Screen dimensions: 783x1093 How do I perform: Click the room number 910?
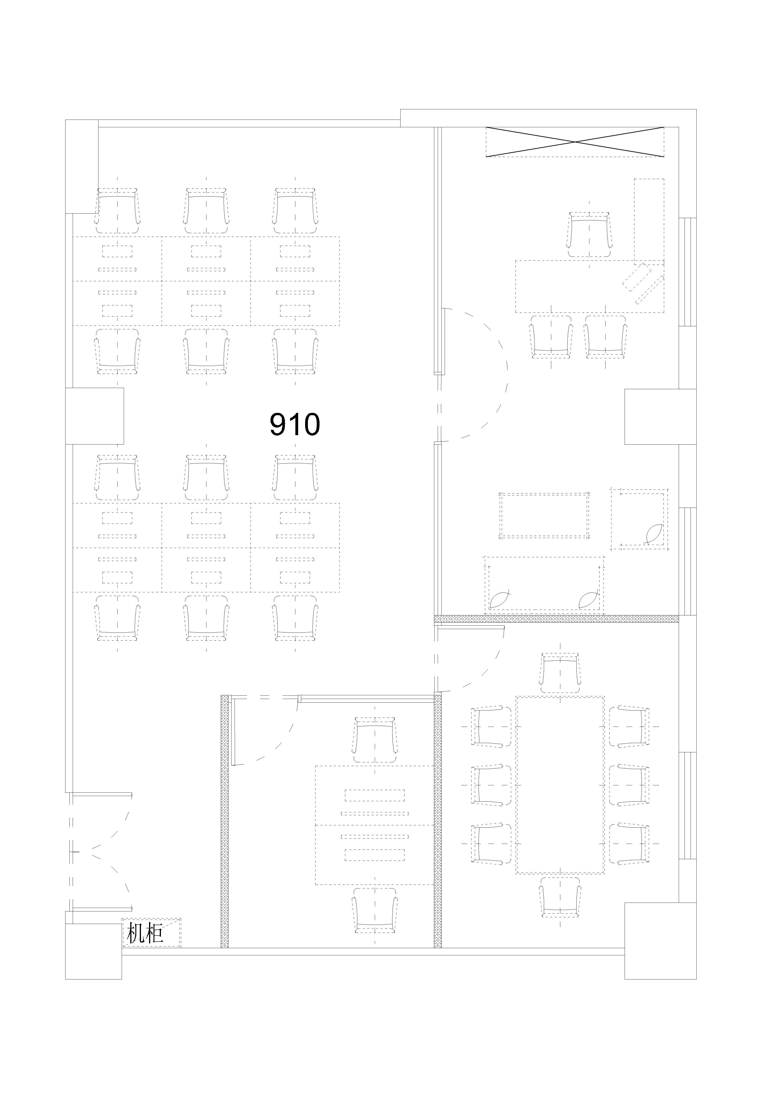294,424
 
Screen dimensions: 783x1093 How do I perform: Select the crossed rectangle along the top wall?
575,142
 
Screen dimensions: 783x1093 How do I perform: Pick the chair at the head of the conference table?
560,673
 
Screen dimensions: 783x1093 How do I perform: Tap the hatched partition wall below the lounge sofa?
556,618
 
